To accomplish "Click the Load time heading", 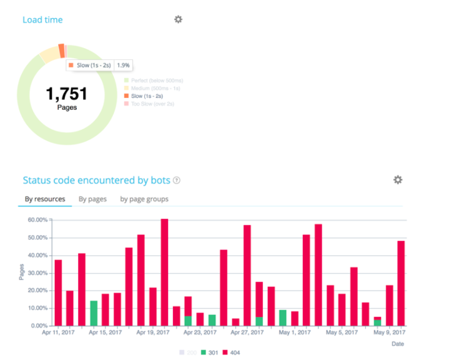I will pyautogui.click(x=42, y=20).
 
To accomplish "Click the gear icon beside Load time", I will pyautogui.click(x=178, y=19).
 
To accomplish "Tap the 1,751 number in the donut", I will pyautogui.click(x=66, y=94).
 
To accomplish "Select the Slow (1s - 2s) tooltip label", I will pyautogui.click(x=90, y=65).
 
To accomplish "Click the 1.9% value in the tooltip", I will pyautogui.click(x=124, y=65).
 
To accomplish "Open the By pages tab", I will pyautogui.click(x=92, y=199).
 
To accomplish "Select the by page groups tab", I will pyautogui.click(x=144, y=199).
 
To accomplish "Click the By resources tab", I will pyautogui.click(x=45, y=199).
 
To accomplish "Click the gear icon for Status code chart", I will pyautogui.click(x=398, y=180).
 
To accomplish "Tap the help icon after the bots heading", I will pyautogui.click(x=177, y=181).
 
